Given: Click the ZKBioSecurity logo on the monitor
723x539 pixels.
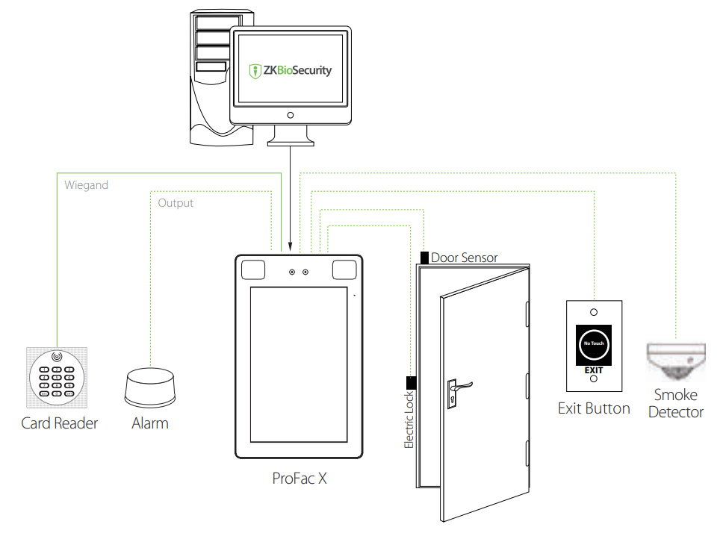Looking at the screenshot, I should click(290, 71).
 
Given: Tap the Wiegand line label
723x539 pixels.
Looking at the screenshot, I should click(86, 185).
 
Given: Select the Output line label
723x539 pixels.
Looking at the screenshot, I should click(176, 203).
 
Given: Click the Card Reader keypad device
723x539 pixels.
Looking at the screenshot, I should click(58, 376).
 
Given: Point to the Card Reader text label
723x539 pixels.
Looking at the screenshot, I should click(59, 423).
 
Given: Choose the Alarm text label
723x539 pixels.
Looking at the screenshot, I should click(150, 423).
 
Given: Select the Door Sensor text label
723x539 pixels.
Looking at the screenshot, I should click(464, 258).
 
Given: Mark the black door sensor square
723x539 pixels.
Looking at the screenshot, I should click(424, 258).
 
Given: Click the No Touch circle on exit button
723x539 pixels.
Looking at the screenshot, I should click(594, 343).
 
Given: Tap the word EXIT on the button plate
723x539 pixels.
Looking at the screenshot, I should click(594, 370).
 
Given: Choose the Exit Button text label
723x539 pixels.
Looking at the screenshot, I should click(594, 408).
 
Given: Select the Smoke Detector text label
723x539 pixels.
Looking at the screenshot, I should click(675, 403).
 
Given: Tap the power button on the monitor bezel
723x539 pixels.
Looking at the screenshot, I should click(290, 115).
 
